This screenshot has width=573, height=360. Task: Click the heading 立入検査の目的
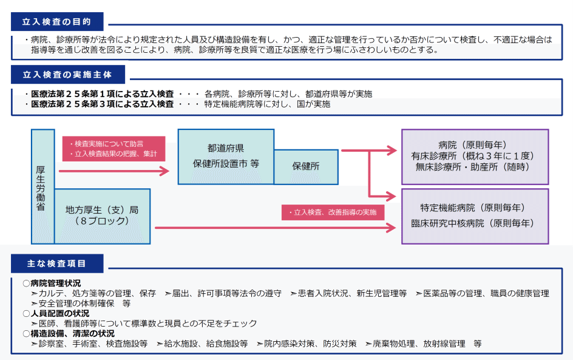point(56,22)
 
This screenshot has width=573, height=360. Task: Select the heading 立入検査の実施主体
point(67,75)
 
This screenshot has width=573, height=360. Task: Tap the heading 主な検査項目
point(56,263)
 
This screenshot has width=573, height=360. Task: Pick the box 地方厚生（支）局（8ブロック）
point(103,216)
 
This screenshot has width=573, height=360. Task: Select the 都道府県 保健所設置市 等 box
point(226,157)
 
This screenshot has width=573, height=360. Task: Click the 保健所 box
point(306,167)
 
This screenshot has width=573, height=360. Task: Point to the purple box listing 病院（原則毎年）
point(475,157)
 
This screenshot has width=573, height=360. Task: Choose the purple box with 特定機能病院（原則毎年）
point(475,216)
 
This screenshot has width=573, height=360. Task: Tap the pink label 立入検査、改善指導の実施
point(333,212)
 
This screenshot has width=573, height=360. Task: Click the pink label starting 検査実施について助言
point(114,149)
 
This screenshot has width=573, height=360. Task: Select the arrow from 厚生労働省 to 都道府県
point(114,171)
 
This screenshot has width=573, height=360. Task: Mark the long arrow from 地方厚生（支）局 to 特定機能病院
point(276,228)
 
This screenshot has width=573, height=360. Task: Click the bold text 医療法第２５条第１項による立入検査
point(103,94)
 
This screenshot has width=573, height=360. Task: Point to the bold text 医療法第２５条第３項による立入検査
point(103,104)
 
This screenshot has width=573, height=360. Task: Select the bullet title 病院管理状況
point(56,284)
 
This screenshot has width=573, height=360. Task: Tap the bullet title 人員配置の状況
point(59,314)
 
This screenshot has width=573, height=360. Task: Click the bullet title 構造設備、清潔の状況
point(72,334)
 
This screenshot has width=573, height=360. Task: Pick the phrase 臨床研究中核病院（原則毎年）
point(472,223)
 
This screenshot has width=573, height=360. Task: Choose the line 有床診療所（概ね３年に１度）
point(473,156)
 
